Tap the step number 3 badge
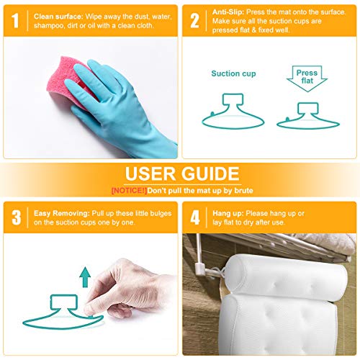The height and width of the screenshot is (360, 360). (x=16, y=217)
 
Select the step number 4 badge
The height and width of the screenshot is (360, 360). (x=195, y=217)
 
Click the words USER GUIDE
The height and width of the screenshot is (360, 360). (x=181, y=174)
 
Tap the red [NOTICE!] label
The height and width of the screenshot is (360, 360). (x=128, y=190)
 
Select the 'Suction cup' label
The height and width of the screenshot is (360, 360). (x=232, y=73)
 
